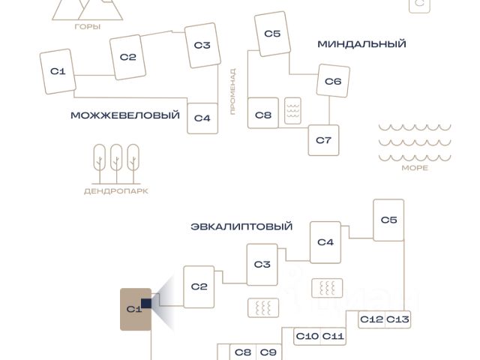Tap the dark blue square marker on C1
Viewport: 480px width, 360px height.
(145, 303)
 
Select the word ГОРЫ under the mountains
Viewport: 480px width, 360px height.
(88, 26)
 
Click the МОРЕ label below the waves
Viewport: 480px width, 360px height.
(415, 168)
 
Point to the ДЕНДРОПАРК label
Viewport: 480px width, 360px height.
(115, 191)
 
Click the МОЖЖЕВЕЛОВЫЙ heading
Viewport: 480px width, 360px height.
(125, 115)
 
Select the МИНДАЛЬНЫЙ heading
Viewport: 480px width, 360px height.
(361, 44)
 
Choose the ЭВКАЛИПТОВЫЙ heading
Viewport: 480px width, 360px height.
(241, 226)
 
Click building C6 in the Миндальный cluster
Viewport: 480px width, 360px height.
(333, 81)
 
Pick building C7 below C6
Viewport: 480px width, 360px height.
(323, 140)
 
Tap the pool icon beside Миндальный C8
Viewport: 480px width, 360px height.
(292, 112)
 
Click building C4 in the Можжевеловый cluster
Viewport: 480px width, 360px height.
(202, 118)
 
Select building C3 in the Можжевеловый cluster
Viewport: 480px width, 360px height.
(202, 46)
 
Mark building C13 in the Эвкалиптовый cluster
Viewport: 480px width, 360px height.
(398, 319)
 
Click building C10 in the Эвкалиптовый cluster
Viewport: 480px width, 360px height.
(307, 337)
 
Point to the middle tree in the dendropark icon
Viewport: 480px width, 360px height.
(116, 161)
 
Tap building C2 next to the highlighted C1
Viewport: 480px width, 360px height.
(199, 286)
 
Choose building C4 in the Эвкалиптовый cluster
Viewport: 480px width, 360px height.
(325, 242)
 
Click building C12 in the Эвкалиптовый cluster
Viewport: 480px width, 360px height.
(371, 319)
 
